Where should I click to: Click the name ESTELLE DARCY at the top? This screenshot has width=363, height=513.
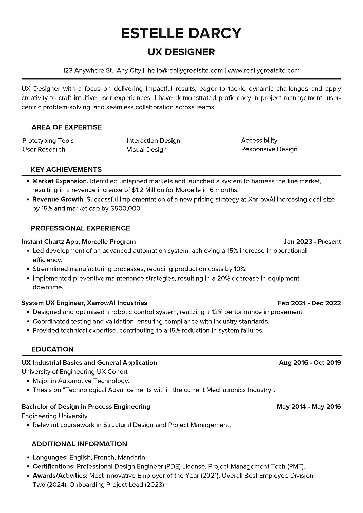tap(181, 33)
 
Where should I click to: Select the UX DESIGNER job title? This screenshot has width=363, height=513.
tap(181, 52)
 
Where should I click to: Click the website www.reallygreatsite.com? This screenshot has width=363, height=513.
tap(263, 70)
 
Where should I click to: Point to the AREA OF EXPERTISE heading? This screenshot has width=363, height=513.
tap(66, 127)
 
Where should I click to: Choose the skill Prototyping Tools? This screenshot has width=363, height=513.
tap(48, 141)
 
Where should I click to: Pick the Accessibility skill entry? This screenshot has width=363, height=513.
tap(259, 140)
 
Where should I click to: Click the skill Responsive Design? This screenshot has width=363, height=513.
tap(269, 149)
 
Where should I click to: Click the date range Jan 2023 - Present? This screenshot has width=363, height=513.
tap(312, 241)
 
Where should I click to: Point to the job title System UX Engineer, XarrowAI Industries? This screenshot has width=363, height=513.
tap(84, 303)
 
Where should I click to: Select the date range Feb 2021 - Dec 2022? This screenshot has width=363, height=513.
tap(309, 303)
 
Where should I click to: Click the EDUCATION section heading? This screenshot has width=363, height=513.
tap(52, 349)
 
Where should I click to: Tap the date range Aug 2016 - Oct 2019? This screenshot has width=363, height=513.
tap(310, 363)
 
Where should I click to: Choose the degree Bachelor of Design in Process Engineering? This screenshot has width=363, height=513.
tap(86, 407)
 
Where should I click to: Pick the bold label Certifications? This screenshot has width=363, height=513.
tap(54, 466)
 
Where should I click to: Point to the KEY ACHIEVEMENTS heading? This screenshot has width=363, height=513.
tap(66, 169)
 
